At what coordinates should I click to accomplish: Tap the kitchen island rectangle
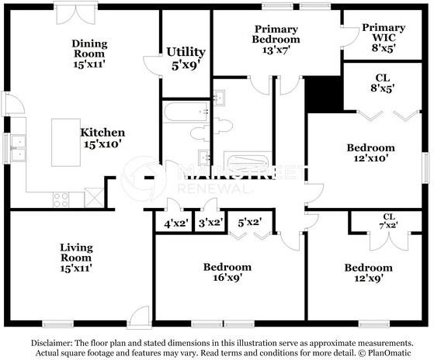click(x=66, y=143)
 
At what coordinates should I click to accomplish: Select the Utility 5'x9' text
click(x=186, y=59)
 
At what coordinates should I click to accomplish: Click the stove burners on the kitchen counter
click(x=61, y=199)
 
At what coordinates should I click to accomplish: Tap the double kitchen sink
click(x=19, y=148)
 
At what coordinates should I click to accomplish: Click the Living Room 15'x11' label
click(x=76, y=258)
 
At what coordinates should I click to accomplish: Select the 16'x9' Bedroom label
click(x=227, y=272)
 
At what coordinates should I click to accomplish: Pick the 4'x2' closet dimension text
click(x=176, y=223)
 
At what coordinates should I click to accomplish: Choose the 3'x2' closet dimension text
click(x=210, y=222)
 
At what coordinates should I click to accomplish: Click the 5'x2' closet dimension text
click(x=250, y=222)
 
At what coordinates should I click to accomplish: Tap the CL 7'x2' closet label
click(x=389, y=221)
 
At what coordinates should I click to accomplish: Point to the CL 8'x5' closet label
click(x=383, y=83)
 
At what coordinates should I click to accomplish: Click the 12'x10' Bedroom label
click(x=371, y=153)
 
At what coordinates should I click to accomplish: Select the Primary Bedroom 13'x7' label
click(x=276, y=40)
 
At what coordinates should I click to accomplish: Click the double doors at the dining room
click(x=75, y=13)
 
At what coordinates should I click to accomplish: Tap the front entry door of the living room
click(x=139, y=317)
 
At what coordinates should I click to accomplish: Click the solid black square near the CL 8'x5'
click(x=324, y=95)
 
